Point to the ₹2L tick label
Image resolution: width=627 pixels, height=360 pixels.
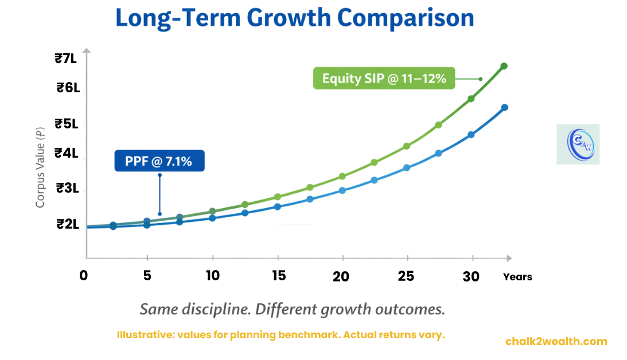[x=67, y=224]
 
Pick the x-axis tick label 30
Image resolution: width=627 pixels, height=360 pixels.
[x=471, y=276]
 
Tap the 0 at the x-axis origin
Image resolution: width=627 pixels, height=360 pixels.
[x=84, y=276]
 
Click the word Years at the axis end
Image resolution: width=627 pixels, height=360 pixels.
[x=517, y=277]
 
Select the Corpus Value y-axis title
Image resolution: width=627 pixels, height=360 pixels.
[x=40, y=168]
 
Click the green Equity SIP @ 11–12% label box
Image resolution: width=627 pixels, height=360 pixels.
[x=384, y=79]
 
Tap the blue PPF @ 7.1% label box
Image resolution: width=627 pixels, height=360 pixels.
[x=159, y=161]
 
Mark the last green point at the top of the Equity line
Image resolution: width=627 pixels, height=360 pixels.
[x=504, y=66]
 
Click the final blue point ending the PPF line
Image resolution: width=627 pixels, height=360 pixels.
[x=505, y=107]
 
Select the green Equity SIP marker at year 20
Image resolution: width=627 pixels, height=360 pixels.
[x=342, y=176]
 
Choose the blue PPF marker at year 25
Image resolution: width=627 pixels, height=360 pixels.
[x=407, y=168]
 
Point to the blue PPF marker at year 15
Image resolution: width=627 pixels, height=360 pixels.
[x=277, y=206]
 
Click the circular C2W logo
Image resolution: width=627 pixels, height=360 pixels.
[x=578, y=144]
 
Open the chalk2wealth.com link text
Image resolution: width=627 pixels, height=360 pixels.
[x=556, y=341]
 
